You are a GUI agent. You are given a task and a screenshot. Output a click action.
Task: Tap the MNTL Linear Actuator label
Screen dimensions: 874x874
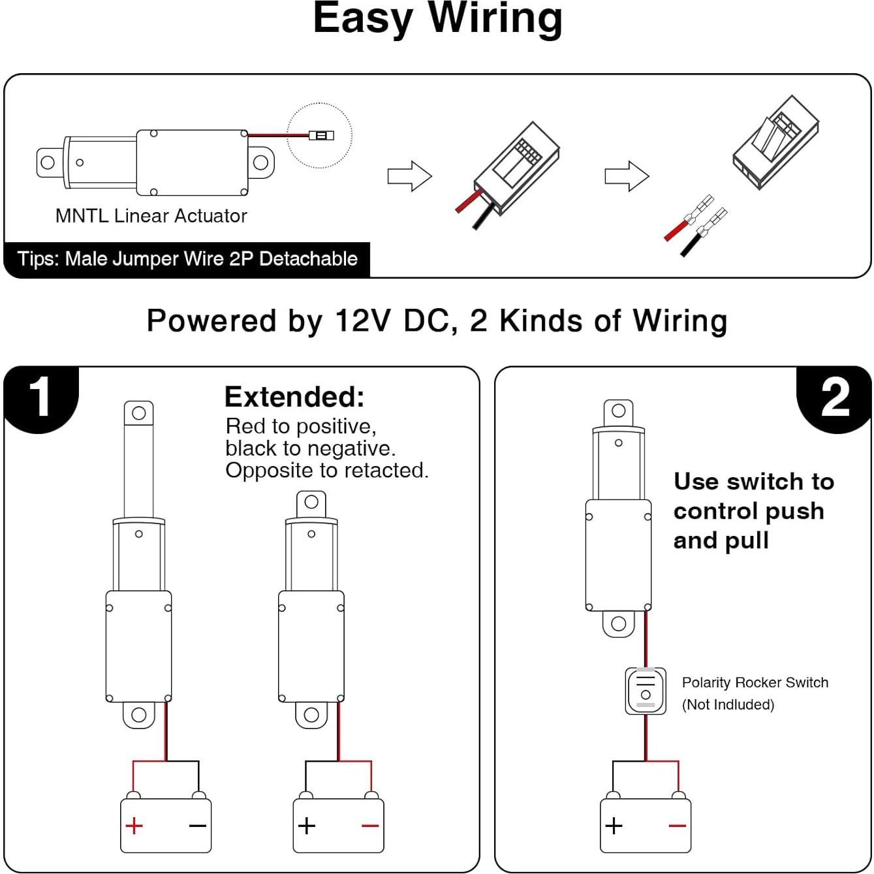point(151,216)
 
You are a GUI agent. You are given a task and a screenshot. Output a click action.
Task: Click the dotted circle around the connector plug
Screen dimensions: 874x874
point(319,135)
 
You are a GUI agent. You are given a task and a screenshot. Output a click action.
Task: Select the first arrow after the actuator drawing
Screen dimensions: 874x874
point(409,176)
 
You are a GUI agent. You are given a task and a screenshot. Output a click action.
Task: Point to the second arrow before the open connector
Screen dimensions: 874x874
point(627,176)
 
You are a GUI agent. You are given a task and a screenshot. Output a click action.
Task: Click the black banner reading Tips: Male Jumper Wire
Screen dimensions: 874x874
point(187,259)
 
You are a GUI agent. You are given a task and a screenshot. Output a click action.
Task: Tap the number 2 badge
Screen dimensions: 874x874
point(835,398)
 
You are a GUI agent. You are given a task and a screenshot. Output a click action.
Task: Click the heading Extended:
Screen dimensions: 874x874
point(294,397)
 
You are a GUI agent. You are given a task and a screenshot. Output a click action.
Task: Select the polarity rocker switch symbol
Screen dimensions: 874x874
point(646,691)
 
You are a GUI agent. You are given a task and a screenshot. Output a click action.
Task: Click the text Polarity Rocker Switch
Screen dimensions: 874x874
point(755,683)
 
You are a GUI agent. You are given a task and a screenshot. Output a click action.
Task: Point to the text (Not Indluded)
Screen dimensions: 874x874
point(728,705)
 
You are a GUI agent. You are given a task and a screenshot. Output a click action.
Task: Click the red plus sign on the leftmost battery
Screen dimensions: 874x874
point(134,826)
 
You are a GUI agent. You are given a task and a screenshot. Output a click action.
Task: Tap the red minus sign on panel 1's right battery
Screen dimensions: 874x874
point(370,826)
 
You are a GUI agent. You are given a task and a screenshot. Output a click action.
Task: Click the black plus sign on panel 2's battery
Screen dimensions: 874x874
point(614,826)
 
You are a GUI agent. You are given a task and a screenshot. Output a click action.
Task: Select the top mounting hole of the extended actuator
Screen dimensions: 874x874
point(139,413)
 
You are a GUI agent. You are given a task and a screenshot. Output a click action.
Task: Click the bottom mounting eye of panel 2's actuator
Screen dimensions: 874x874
point(618,623)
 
